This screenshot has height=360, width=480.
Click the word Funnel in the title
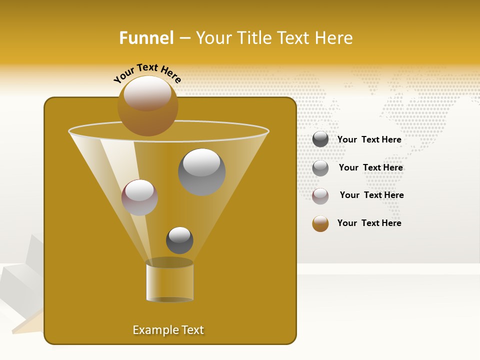click(x=146, y=38)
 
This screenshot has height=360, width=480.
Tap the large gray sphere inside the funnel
click(x=202, y=172)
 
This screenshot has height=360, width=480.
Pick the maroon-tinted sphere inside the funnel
click(x=139, y=197)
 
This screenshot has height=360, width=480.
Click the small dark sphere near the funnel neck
click(x=179, y=240)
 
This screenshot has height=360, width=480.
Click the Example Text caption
click(x=168, y=330)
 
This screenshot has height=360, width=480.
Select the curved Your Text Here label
click(x=147, y=72)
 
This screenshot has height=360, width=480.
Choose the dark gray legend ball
click(x=320, y=139)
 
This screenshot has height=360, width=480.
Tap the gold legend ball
click(x=320, y=223)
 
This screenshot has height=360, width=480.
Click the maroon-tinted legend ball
click(x=320, y=196)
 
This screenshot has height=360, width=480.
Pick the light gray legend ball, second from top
click(x=320, y=168)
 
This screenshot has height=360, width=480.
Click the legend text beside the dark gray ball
click(x=369, y=139)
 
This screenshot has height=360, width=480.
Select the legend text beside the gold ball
click(x=369, y=223)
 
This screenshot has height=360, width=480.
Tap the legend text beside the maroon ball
click(x=371, y=195)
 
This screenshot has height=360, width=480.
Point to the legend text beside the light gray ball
click(x=370, y=167)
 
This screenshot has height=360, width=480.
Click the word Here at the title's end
click(x=334, y=38)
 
